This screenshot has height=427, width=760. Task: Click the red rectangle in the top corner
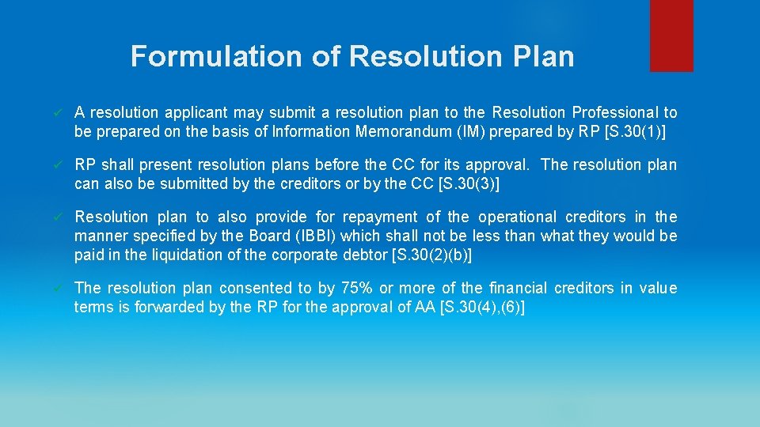click(671, 35)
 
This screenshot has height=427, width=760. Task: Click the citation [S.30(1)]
click(634, 132)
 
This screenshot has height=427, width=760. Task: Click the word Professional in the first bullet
click(615, 113)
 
